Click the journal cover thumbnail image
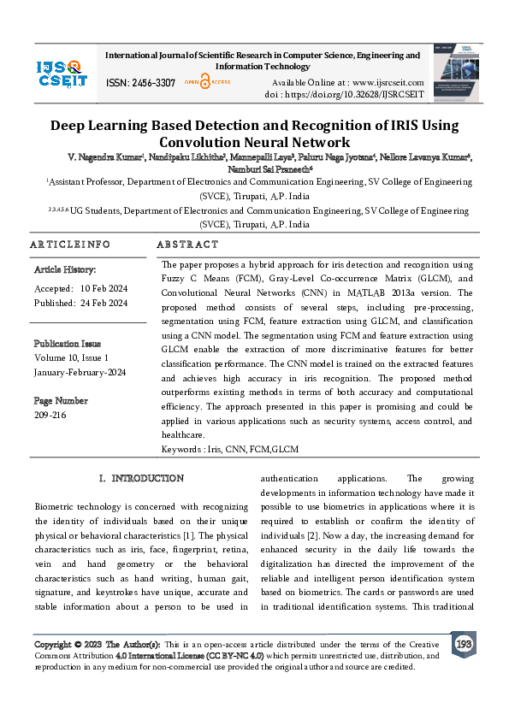[453, 72]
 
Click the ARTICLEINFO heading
[70, 245]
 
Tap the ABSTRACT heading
[187, 245]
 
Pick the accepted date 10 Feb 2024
[104, 287]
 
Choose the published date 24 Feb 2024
[104, 303]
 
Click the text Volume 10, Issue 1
[72, 357]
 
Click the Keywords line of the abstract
[230, 449]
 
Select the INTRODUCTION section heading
[141, 478]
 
